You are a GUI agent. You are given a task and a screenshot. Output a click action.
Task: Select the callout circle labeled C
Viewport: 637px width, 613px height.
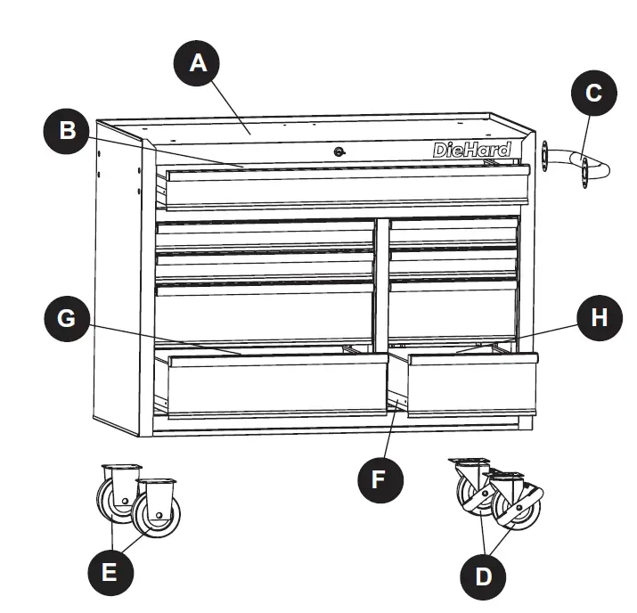(x=594, y=93)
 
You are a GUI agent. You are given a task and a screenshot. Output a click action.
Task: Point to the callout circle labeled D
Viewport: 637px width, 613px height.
(x=483, y=576)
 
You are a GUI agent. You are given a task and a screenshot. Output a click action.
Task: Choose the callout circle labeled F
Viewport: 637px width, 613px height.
(x=378, y=478)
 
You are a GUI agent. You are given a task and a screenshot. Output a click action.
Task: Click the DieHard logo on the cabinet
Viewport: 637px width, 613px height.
(x=472, y=150)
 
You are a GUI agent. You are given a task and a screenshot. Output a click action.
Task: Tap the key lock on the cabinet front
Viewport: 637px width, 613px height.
(x=339, y=151)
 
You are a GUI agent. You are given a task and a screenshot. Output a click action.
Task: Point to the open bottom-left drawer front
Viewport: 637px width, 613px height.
(x=272, y=385)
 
